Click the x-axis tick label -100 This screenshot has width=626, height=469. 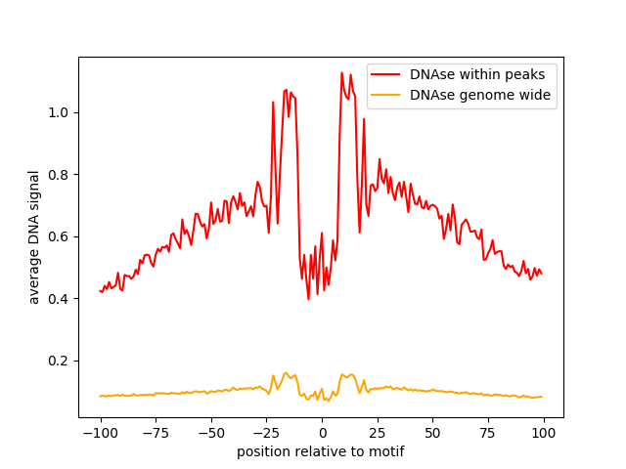click(100, 433)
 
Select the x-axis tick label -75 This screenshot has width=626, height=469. click(156, 433)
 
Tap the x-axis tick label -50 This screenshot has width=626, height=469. click(211, 433)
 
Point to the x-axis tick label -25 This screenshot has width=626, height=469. click(266, 433)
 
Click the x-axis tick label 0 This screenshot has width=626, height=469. click(322, 433)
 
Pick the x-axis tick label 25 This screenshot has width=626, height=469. click(378, 433)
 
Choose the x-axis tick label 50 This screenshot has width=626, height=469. click(433, 433)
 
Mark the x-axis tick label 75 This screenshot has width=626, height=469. click(488, 433)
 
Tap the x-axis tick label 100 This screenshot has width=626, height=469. click(544, 433)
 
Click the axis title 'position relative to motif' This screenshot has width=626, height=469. click(321, 451)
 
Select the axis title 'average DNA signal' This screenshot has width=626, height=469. click(34, 237)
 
